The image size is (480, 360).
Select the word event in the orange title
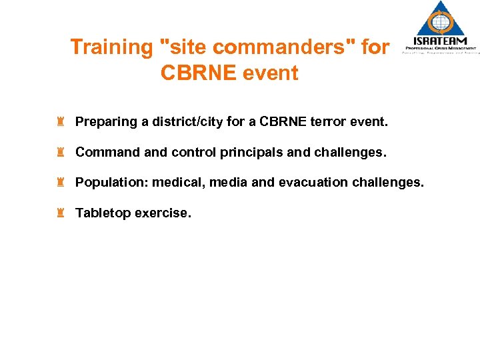pyautogui.click(x=268, y=73)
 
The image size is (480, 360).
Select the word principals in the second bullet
pyautogui.click(x=251, y=152)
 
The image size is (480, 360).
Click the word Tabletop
pyautogui.click(x=103, y=213)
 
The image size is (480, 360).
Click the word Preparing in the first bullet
pyautogui.click(x=105, y=123)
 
